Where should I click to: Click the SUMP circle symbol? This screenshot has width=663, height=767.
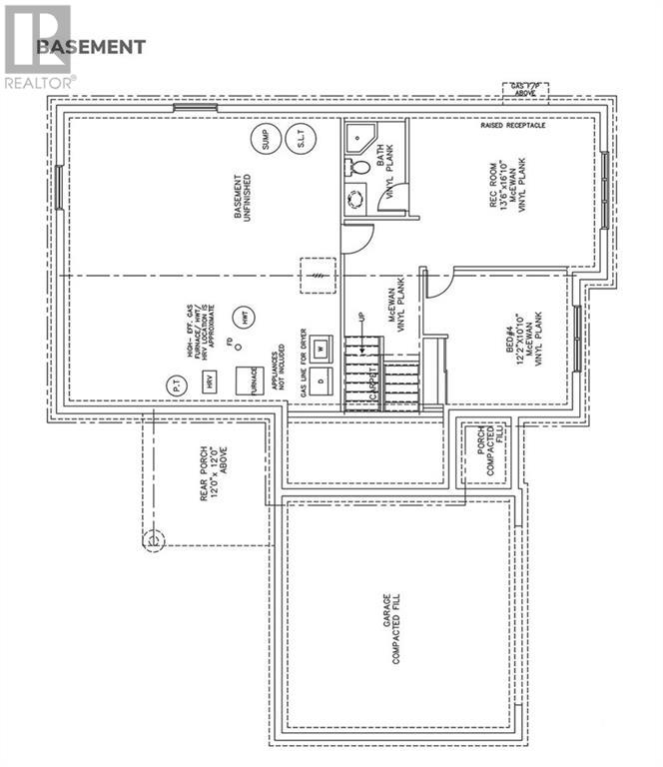pos(265,142)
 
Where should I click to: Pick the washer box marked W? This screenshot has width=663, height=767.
pos(320,349)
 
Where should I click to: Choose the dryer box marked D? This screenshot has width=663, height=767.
pos(320,381)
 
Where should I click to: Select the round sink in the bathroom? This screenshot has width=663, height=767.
pos(355,201)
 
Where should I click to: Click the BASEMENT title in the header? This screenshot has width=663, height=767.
pos(90,47)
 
